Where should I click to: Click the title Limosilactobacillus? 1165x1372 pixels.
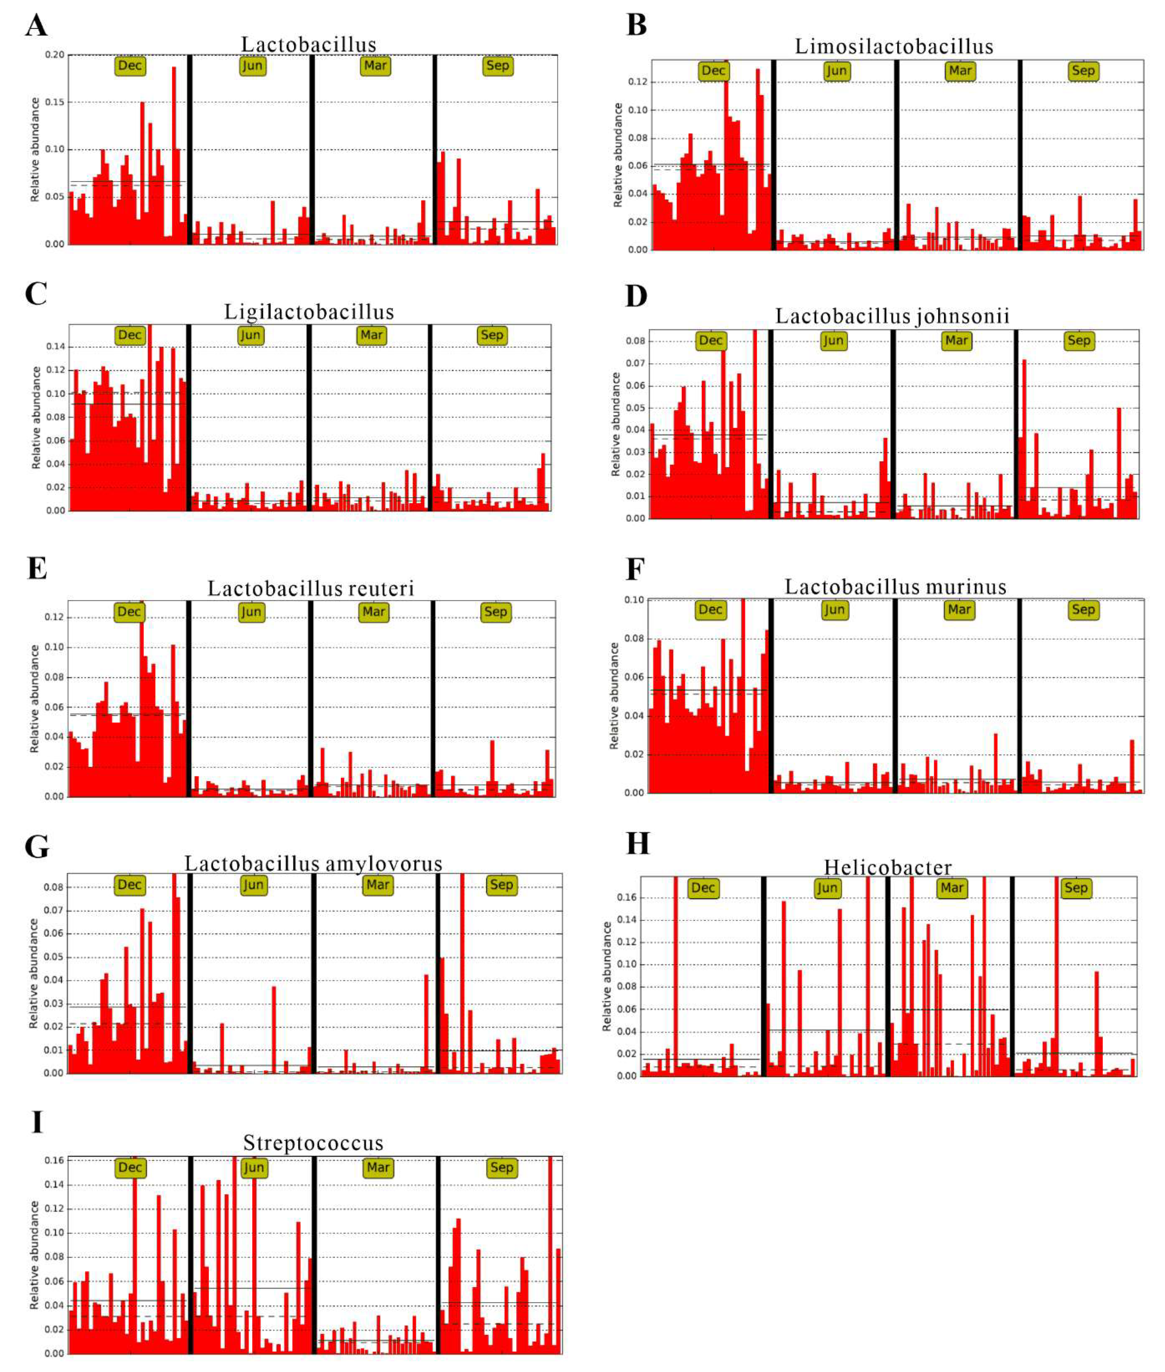(894, 46)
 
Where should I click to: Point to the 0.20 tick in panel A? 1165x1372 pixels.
(55, 55)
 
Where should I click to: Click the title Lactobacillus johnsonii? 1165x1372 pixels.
(892, 316)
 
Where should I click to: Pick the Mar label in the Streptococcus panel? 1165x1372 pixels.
(378, 1167)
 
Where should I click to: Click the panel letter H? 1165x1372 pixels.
(637, 844)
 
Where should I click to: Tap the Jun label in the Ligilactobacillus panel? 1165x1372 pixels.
(250, 335)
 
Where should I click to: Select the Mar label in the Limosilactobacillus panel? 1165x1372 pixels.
(959, 71)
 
